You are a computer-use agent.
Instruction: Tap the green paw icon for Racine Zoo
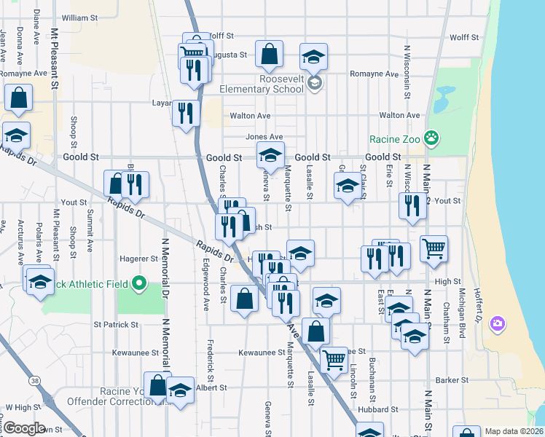432,136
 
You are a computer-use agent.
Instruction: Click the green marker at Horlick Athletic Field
139,283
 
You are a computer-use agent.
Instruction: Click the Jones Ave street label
264,137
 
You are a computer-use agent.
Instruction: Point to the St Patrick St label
116,324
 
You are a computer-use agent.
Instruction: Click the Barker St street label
452,380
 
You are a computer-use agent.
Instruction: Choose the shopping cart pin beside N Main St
434,249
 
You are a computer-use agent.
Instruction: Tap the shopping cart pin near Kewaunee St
334,359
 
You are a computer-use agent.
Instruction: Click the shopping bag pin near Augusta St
269,52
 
